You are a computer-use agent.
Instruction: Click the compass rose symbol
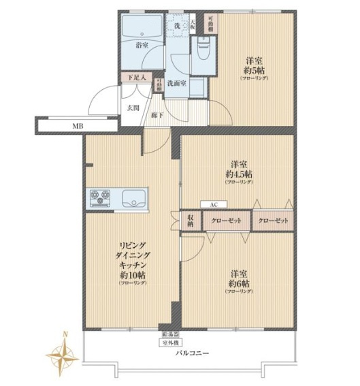pos(63,353)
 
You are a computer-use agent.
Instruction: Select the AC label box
pos(213,204)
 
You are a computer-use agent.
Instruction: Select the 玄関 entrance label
pos(133,107)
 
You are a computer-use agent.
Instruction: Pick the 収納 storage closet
pos(191,221)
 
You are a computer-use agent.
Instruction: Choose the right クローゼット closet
pos(273,221)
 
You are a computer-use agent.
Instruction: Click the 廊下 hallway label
pos(157,115)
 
